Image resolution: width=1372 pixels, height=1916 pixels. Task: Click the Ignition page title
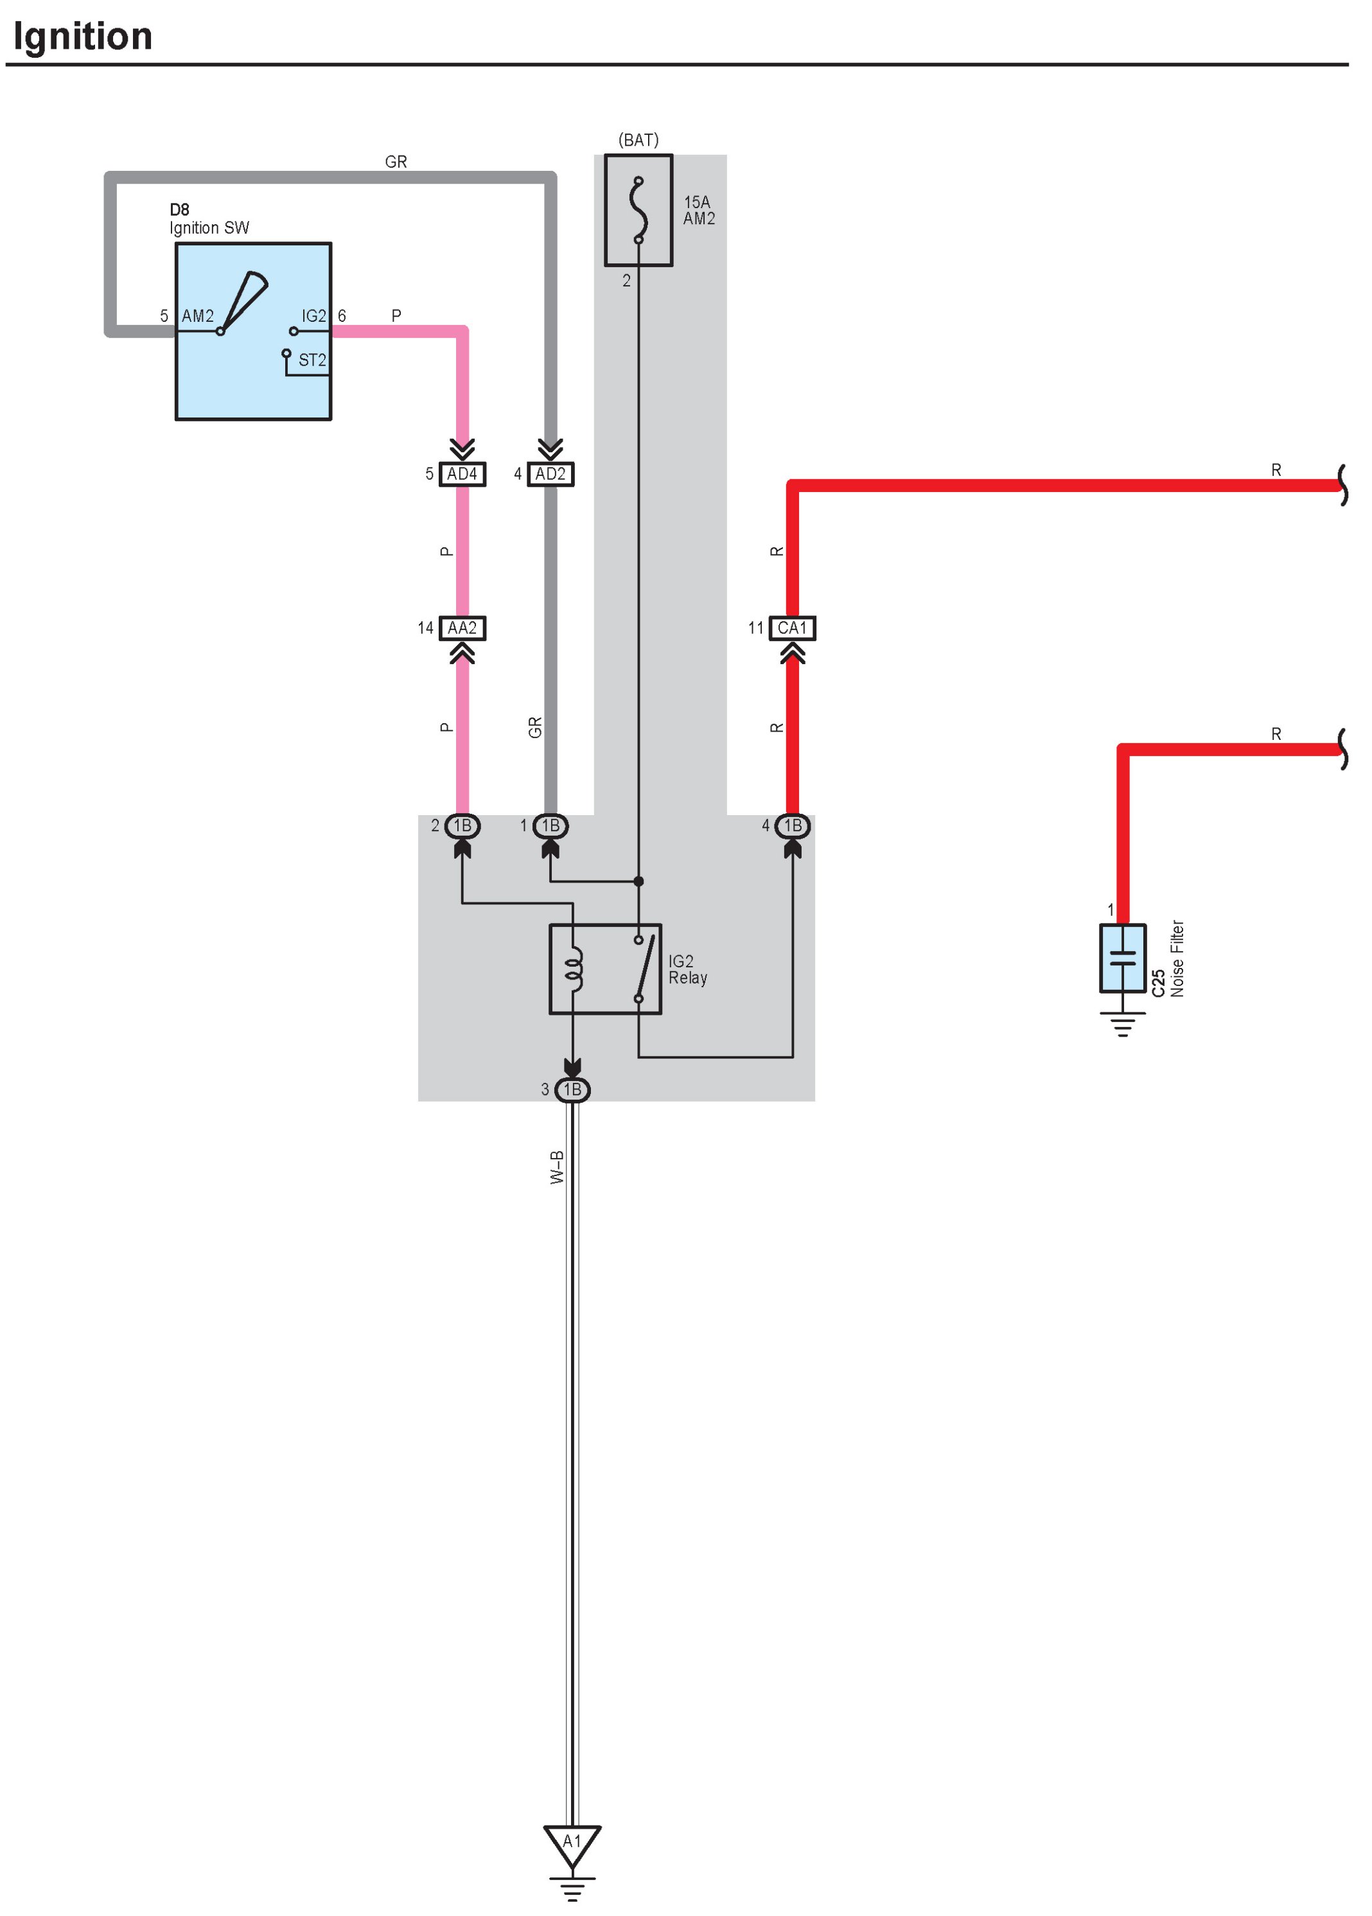(x=83, y=37)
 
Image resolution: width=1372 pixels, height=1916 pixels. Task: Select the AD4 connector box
(x=462, y=474)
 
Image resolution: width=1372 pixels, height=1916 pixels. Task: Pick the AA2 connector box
(x=462, y=628)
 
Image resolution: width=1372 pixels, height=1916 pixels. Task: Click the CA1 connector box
(x=793, y=628)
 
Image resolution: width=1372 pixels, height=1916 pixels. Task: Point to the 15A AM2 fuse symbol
(x=638, y=210)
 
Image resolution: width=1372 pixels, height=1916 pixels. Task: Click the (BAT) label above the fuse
(x=638, y=140)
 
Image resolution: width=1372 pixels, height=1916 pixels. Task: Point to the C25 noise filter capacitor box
(x=1123, y=958)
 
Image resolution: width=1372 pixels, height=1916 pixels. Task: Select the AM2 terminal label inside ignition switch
(x=198, y=316)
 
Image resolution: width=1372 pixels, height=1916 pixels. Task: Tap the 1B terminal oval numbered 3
(x=572, y=1090)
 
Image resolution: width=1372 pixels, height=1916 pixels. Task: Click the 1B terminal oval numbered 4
(x=793, y=825)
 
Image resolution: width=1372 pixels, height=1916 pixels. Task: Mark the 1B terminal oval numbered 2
(x=462, y=825)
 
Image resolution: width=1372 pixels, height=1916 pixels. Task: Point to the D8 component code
(x=179, y=209)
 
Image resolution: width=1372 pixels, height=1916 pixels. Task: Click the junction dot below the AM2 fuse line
(x=638, y=881)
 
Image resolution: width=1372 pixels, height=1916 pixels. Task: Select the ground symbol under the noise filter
(x=1123, y=1024)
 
